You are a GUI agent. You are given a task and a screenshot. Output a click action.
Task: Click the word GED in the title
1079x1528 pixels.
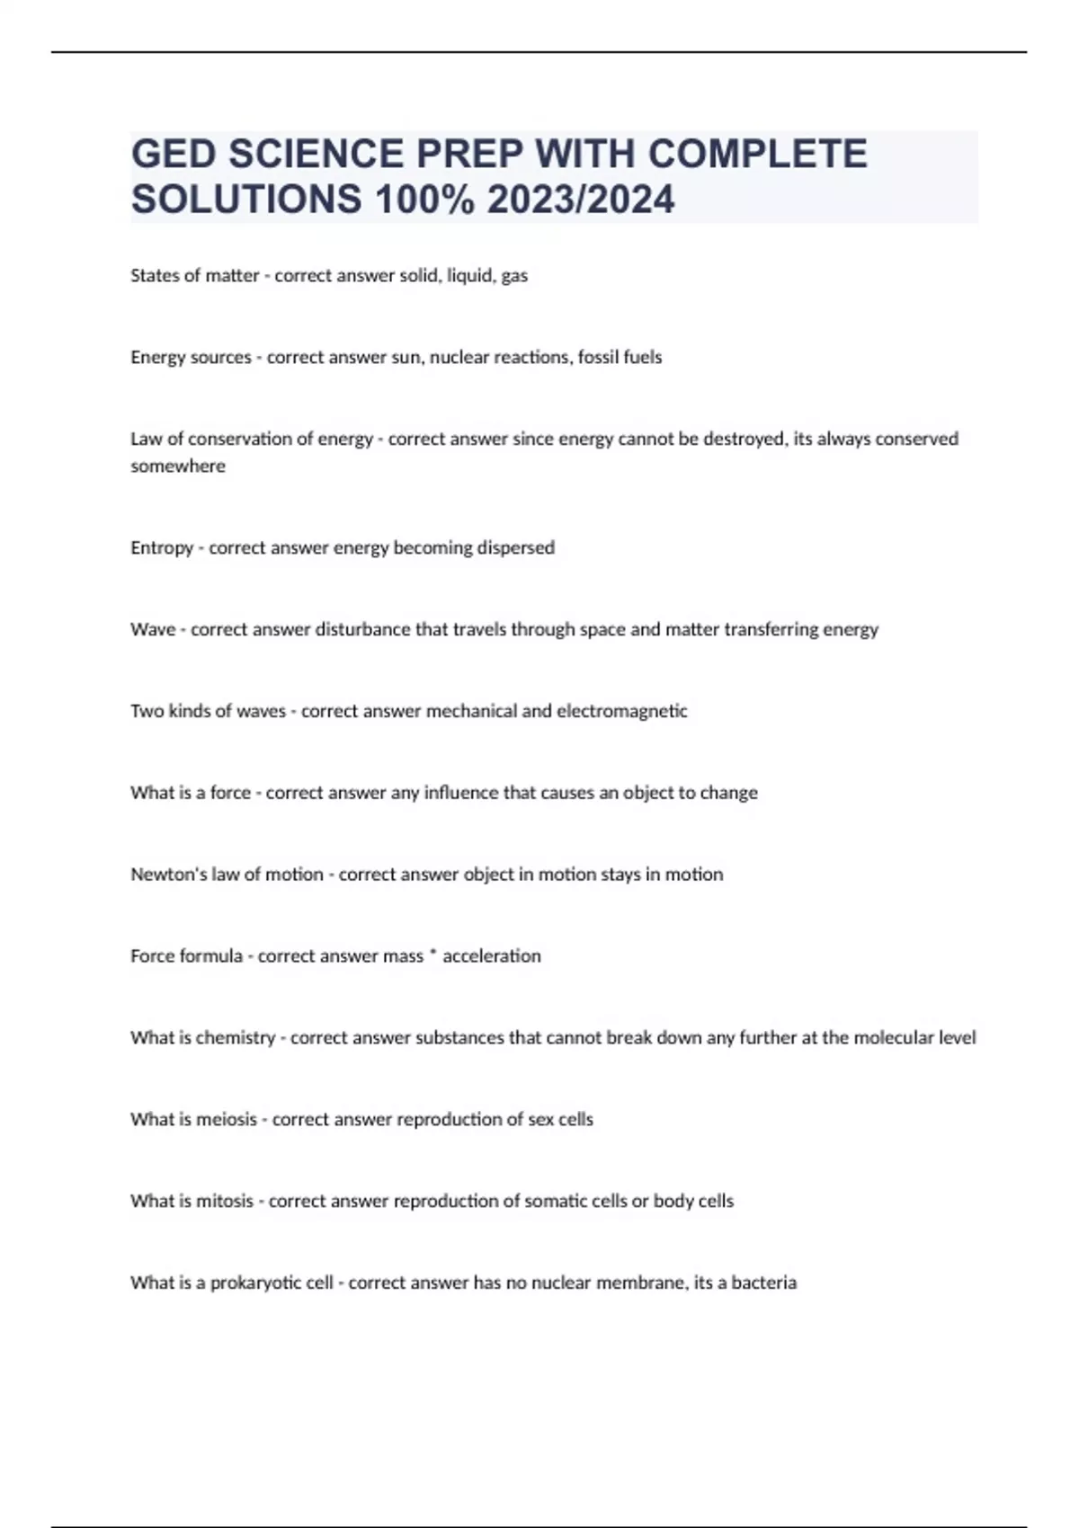click(174, 154)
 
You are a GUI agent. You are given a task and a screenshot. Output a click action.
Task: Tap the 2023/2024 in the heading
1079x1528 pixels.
click(581, 200)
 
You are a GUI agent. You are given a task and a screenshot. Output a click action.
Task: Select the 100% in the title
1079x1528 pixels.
click(424, 200)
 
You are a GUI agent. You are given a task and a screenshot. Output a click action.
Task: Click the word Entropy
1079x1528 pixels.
click(162, 547)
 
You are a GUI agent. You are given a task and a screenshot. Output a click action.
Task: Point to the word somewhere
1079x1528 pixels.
click(178, 466)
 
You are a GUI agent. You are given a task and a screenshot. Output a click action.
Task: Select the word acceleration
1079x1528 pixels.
click(492, 955)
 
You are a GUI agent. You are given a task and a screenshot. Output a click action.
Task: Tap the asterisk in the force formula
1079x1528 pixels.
click(433, 954)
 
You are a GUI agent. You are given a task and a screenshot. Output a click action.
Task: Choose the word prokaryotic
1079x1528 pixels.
click(272, 1283)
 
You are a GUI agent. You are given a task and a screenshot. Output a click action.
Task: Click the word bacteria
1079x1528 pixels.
click(764, 1283)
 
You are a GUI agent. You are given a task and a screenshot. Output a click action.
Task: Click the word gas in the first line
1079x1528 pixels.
click(514, 276)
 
